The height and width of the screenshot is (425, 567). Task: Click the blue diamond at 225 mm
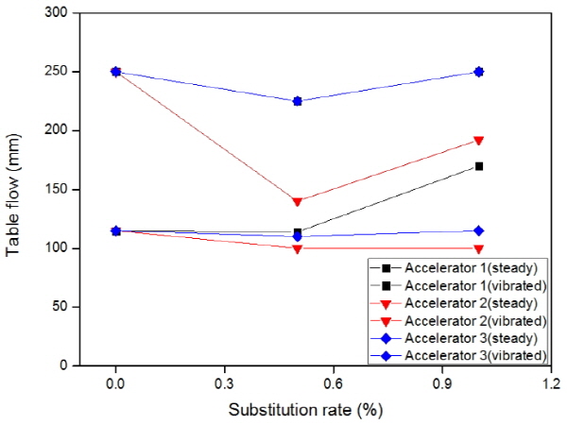tap(298, 101)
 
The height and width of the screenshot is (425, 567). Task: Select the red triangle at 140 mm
tap(298, 201)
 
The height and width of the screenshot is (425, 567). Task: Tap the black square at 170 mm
tap(479, 166)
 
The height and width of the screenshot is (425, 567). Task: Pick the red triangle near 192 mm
tap(479, 141)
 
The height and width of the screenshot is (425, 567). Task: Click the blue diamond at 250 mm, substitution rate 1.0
tap(479, 72)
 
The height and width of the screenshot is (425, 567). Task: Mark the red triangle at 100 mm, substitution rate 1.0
tap(479, 248)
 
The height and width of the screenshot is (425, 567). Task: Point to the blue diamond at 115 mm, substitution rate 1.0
tap(479, 230)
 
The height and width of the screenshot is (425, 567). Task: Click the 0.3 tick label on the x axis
tap(225, 384)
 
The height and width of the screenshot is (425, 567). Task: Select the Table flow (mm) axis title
tap(15, 189)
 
